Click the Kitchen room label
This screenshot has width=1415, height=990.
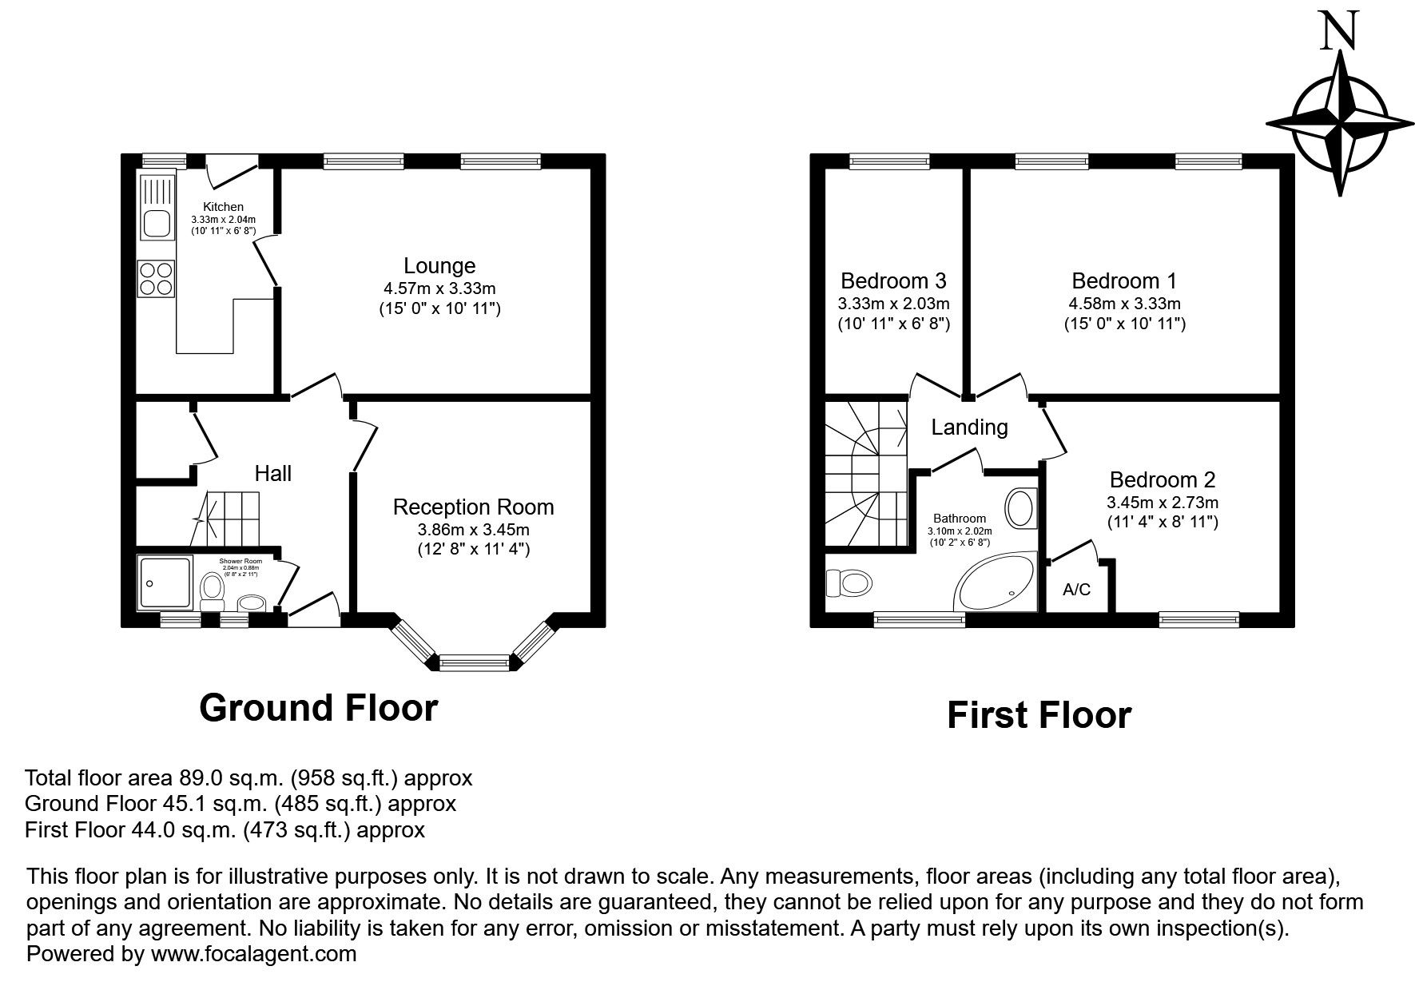[x=223, y=207]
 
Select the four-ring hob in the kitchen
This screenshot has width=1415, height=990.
[x=156, y=279]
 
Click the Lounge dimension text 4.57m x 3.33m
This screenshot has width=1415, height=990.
[x=439, y=288]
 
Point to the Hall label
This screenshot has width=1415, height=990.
[x=272, y=474]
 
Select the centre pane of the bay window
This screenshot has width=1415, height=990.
[x=474, y=662]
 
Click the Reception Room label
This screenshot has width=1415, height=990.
[x=473, y=507]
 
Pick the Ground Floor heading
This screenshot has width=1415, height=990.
[x=318, y=708]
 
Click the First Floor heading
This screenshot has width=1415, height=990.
[x=1039, y=715]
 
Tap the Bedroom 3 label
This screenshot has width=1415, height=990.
[x=893, y=281]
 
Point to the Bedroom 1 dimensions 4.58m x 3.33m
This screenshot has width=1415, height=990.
[x=1124, y=304]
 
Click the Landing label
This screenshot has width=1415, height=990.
[x=969, y=427]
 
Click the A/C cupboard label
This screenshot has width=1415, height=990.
[x=1076, y=590]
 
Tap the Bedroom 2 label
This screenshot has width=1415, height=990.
[x=1162, y=480]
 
